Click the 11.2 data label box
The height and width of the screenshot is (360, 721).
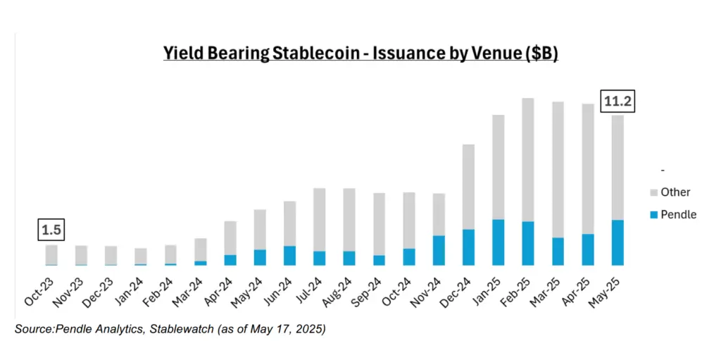[617, 102]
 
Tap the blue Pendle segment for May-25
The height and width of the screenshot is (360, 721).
[617, 242]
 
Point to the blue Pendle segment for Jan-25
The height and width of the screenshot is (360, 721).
[499, 242]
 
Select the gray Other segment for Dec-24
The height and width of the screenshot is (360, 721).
[468, 187]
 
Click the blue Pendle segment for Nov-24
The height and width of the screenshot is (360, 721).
[439, 250]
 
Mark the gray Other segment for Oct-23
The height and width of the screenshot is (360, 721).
[51, 254]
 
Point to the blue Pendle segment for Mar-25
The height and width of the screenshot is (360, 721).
[558, 251]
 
